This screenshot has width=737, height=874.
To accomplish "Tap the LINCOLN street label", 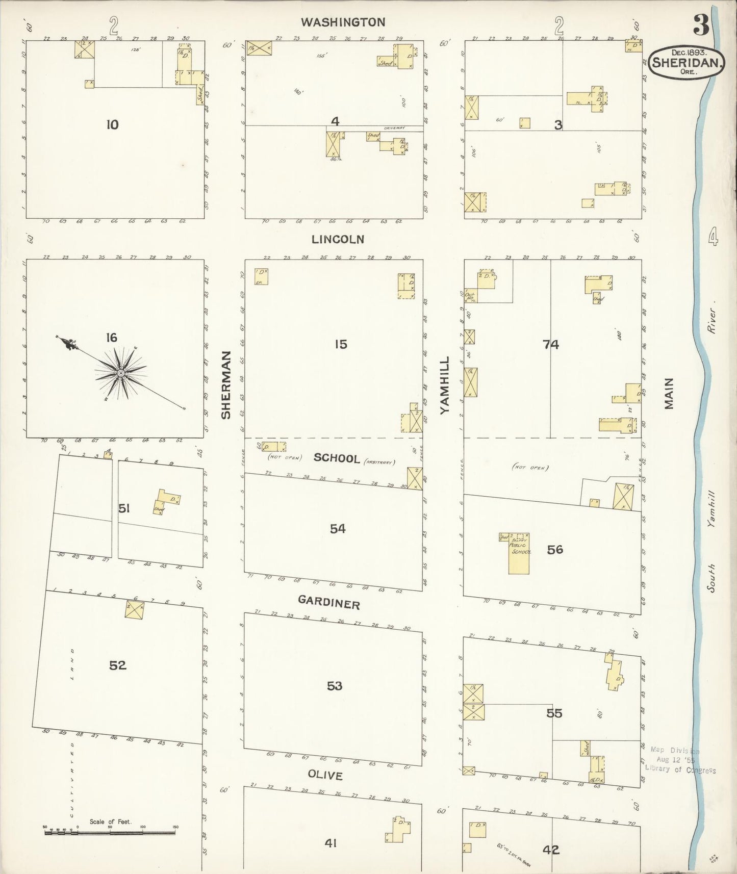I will (x=338, y=239).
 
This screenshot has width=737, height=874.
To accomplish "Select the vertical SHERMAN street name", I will (x=226, y=385).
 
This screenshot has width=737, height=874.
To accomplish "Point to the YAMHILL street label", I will (x=445, y=385).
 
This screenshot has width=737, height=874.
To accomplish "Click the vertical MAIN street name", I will (x=669, y=393).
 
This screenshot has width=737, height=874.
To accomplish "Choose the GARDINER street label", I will (x=329, y=603).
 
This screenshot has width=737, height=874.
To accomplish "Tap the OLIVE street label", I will (x=325, y=775).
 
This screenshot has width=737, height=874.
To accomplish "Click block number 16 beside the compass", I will (x=111, y=337).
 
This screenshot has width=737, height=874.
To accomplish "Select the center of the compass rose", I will (x=121, y=374).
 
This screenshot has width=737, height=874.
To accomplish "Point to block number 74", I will (x=551, y=345).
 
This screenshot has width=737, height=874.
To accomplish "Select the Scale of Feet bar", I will (x=110, y=833).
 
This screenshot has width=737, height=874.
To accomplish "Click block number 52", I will (x=117, y=665).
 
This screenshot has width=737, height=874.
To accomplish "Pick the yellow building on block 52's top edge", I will (x=135, y=610).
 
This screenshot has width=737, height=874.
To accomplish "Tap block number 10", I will (x=112, y=124).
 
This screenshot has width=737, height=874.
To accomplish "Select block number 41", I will (x=331, y=843).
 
